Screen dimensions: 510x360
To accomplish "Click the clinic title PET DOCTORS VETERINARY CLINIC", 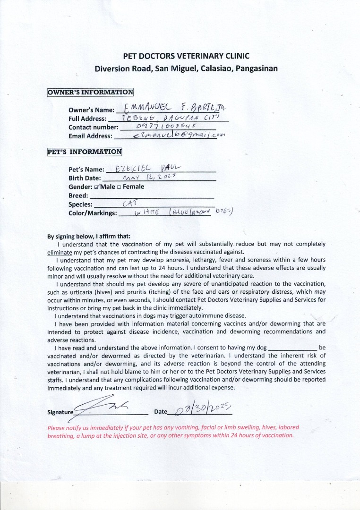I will [x=186, y=56].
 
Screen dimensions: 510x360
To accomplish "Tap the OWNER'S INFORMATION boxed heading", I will [x=90, y=92].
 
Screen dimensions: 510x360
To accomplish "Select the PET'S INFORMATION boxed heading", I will [x=85, y=152].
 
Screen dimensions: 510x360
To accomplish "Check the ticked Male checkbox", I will [x=97, y=187].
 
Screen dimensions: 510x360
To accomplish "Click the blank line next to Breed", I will [x=151, y=196].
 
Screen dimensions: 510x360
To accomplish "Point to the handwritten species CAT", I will [x=129, y=204].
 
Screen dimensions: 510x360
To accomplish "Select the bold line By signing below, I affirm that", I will [x=89, y=236].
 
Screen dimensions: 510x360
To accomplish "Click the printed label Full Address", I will [x=87, y=119].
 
